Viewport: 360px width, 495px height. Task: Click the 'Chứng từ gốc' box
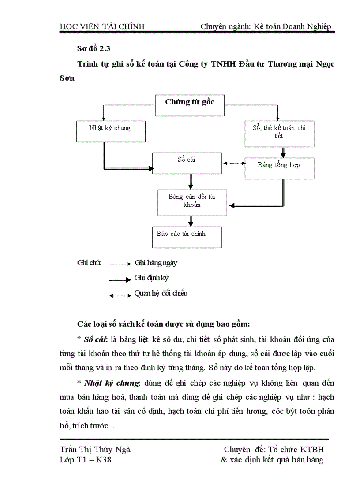[189, 105]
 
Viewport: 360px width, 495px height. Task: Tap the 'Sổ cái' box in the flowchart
[186, 163]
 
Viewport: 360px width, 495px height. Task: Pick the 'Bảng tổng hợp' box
[279, 168]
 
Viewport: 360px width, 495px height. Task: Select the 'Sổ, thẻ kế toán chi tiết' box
[279, 133]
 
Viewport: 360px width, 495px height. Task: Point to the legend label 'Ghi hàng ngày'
[156, 263]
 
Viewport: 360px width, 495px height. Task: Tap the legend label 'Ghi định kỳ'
[151, 278]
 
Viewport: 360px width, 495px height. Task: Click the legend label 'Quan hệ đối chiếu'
[161, 293]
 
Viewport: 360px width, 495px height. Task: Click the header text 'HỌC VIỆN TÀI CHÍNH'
[102, 27]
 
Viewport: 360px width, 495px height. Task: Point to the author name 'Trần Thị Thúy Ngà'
[95, 450]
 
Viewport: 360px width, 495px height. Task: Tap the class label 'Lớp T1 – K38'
[88, 460]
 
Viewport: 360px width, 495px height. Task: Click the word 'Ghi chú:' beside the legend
[89, 263]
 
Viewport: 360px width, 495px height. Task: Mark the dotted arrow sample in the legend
[120, 295]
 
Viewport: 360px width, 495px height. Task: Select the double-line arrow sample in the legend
[120, 279]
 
